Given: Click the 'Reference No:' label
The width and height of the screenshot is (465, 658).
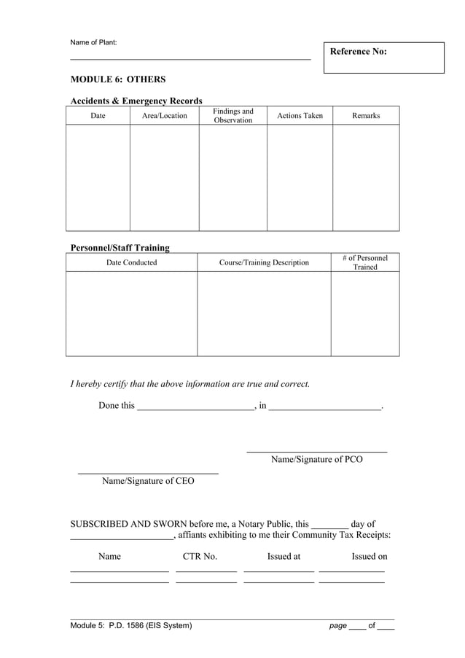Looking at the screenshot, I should coord(358,52).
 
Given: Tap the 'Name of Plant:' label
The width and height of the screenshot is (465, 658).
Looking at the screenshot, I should coord(93,42).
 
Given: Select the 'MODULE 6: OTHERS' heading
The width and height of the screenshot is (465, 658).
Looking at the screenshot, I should coord(117,79).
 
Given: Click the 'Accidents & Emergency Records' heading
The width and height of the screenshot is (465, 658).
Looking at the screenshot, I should coord(136,101).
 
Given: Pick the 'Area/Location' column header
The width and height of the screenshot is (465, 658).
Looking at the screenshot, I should coord(164,116).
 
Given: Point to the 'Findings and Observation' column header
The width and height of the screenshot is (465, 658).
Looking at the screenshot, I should coord(232,116).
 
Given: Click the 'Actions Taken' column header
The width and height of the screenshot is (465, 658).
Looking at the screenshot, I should coord(300,116).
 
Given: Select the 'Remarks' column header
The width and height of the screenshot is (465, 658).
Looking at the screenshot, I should coord(366,116).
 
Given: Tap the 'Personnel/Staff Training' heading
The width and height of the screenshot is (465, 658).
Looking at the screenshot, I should coord(120,248).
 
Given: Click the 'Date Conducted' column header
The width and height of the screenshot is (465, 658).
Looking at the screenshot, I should coord(131,263).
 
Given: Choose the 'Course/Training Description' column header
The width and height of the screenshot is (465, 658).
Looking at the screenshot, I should coord(264,263).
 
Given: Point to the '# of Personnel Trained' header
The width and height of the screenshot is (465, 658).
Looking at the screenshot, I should coord(365,263).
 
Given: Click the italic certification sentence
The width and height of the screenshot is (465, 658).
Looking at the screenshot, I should coord(189,383).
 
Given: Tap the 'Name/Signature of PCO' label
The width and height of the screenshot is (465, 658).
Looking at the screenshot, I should coord(316,460).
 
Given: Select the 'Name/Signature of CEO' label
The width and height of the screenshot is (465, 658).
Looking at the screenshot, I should coord(148,481).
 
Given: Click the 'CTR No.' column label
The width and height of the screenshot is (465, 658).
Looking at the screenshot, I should coord(200,557).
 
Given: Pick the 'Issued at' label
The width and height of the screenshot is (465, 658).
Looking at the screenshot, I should coord(284,557).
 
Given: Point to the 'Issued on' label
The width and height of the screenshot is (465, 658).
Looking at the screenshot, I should coord(369,557).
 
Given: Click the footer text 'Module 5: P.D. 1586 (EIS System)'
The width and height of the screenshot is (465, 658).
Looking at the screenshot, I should coord(131,625).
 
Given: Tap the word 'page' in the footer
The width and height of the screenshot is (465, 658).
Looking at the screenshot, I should coord(337,625).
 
